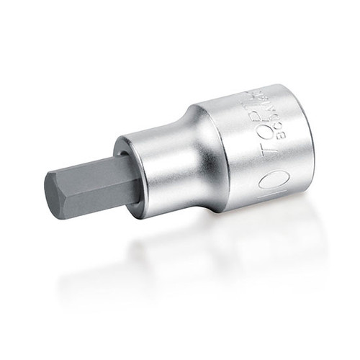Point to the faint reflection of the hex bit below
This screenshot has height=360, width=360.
tap(94, 252)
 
